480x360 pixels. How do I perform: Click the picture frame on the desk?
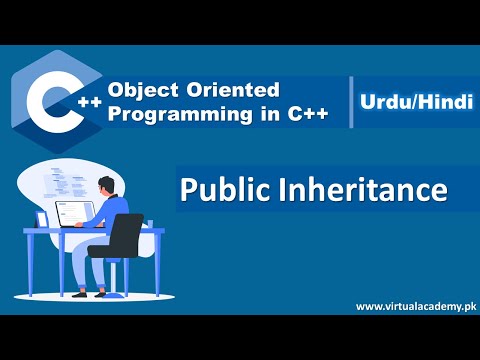[x=42, y=218]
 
